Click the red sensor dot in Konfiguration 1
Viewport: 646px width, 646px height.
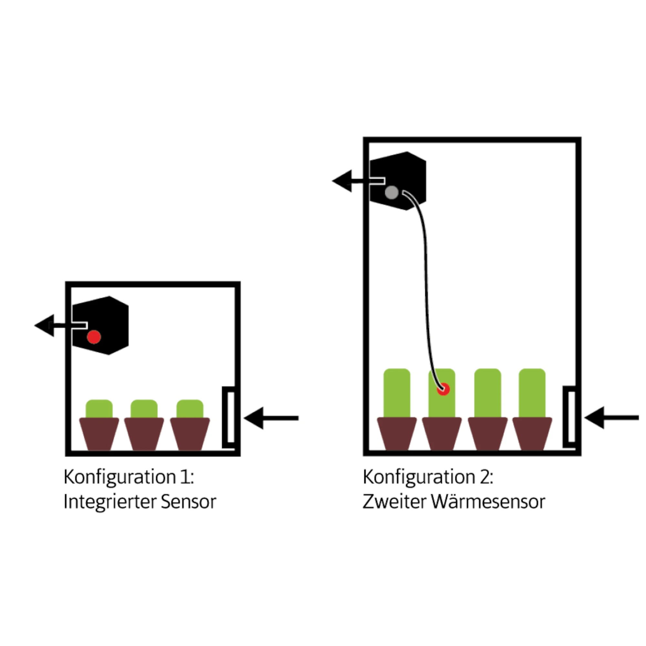pyautogui.click(x=94, y=337)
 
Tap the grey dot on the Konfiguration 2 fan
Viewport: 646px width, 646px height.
pyautogui.click(x=391, y=193)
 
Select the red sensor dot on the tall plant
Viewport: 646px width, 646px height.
pyautogui.click(x=443, y=389)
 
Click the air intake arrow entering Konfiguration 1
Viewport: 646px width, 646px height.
pyautogui.click(x=271, y=418)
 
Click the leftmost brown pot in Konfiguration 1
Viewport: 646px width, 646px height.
pyautogui.click(x=99, y=433)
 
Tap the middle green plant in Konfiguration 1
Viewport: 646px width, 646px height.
pyautogui.click(x=144, y=409)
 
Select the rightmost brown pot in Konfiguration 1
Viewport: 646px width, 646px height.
pyautogui.click(x=190, y=433)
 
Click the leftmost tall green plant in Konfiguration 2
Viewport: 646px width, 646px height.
pyautogui.click(x=397, y=393)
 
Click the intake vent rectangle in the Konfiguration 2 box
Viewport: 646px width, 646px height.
pyautogui.click(x=569, y=417)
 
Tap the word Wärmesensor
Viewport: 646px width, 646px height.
pyautogui.click(x=488, y=502)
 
